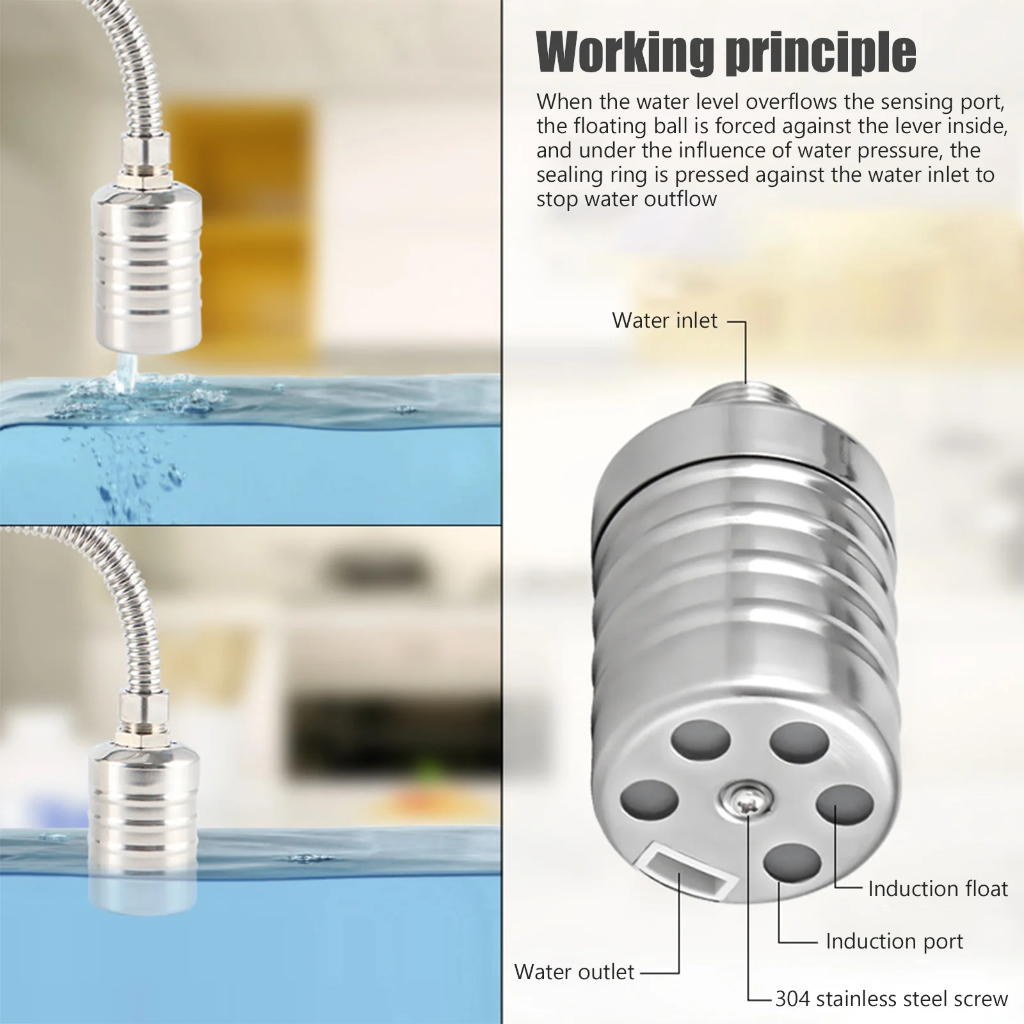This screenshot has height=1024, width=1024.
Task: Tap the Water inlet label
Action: (664, 321)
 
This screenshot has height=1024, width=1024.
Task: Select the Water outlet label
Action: (574, 972)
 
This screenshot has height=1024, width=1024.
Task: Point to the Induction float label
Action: (938, 889)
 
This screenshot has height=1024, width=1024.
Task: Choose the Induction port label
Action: (894, 941)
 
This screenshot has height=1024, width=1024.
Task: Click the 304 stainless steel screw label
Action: (892, 999)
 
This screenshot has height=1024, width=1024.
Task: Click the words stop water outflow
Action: (626, 199)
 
